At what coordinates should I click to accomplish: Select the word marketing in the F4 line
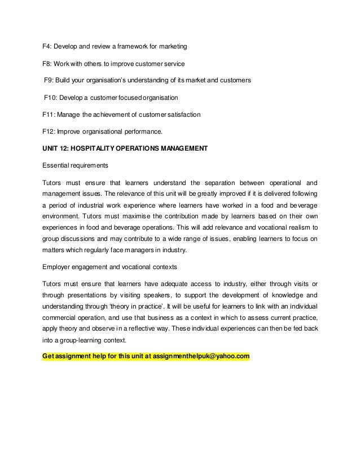click(172, 45)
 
